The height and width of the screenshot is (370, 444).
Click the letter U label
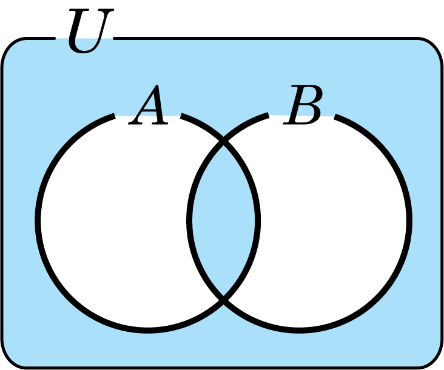[x=90, y=30]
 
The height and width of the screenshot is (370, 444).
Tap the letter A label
[x=149, y=105]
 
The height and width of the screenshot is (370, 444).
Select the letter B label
[x=303, y=105]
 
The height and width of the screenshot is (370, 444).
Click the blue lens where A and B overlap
[x=224, y=220]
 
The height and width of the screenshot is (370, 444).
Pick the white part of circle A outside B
[x=113, y=220]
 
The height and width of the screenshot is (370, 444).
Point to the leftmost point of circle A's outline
[x=38, y=220]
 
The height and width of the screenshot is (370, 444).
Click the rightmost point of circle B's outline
[x=409, y=220]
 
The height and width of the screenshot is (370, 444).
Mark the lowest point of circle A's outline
[x=147, y=331]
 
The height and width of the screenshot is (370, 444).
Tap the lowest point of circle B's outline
[x=300, y=331]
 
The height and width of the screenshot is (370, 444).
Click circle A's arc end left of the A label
[x=114, y=116]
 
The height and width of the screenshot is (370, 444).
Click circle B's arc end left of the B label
[x=267, y=115]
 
